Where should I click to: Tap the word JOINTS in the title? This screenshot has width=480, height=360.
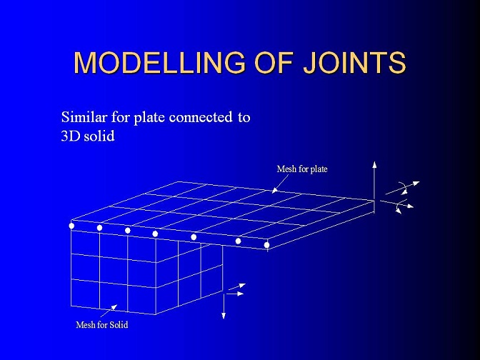click(x=354, y=62)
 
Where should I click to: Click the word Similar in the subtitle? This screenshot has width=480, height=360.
click(x=84, y=117)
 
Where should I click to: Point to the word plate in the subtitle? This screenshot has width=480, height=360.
click(x=150, y=118)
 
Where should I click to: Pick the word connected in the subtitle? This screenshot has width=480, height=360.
click(x=201, y=117)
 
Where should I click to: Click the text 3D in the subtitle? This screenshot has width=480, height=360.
click(x=70, y=136)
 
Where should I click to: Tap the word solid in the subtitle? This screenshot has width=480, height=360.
click(x=99, y=136)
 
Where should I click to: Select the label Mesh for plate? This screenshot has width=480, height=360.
click(x=302, y=169)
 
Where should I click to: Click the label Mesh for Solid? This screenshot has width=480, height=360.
click(x=102, y=325)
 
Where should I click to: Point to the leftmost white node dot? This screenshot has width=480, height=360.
click(x=71, y=226)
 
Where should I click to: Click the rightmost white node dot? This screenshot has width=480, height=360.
click(x=266, y=245)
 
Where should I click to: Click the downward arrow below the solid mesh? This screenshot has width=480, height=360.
click(x=224, y=306)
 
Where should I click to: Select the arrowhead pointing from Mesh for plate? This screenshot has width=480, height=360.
click(x=274, y=190)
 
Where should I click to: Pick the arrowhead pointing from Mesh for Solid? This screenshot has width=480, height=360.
click(x=114, y=307)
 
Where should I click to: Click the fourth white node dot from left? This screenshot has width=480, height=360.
click(x=155, y=234)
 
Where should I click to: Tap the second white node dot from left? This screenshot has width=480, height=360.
click(x=99, y=228)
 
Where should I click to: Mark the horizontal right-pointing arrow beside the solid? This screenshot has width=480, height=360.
click(x=234, y=294)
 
